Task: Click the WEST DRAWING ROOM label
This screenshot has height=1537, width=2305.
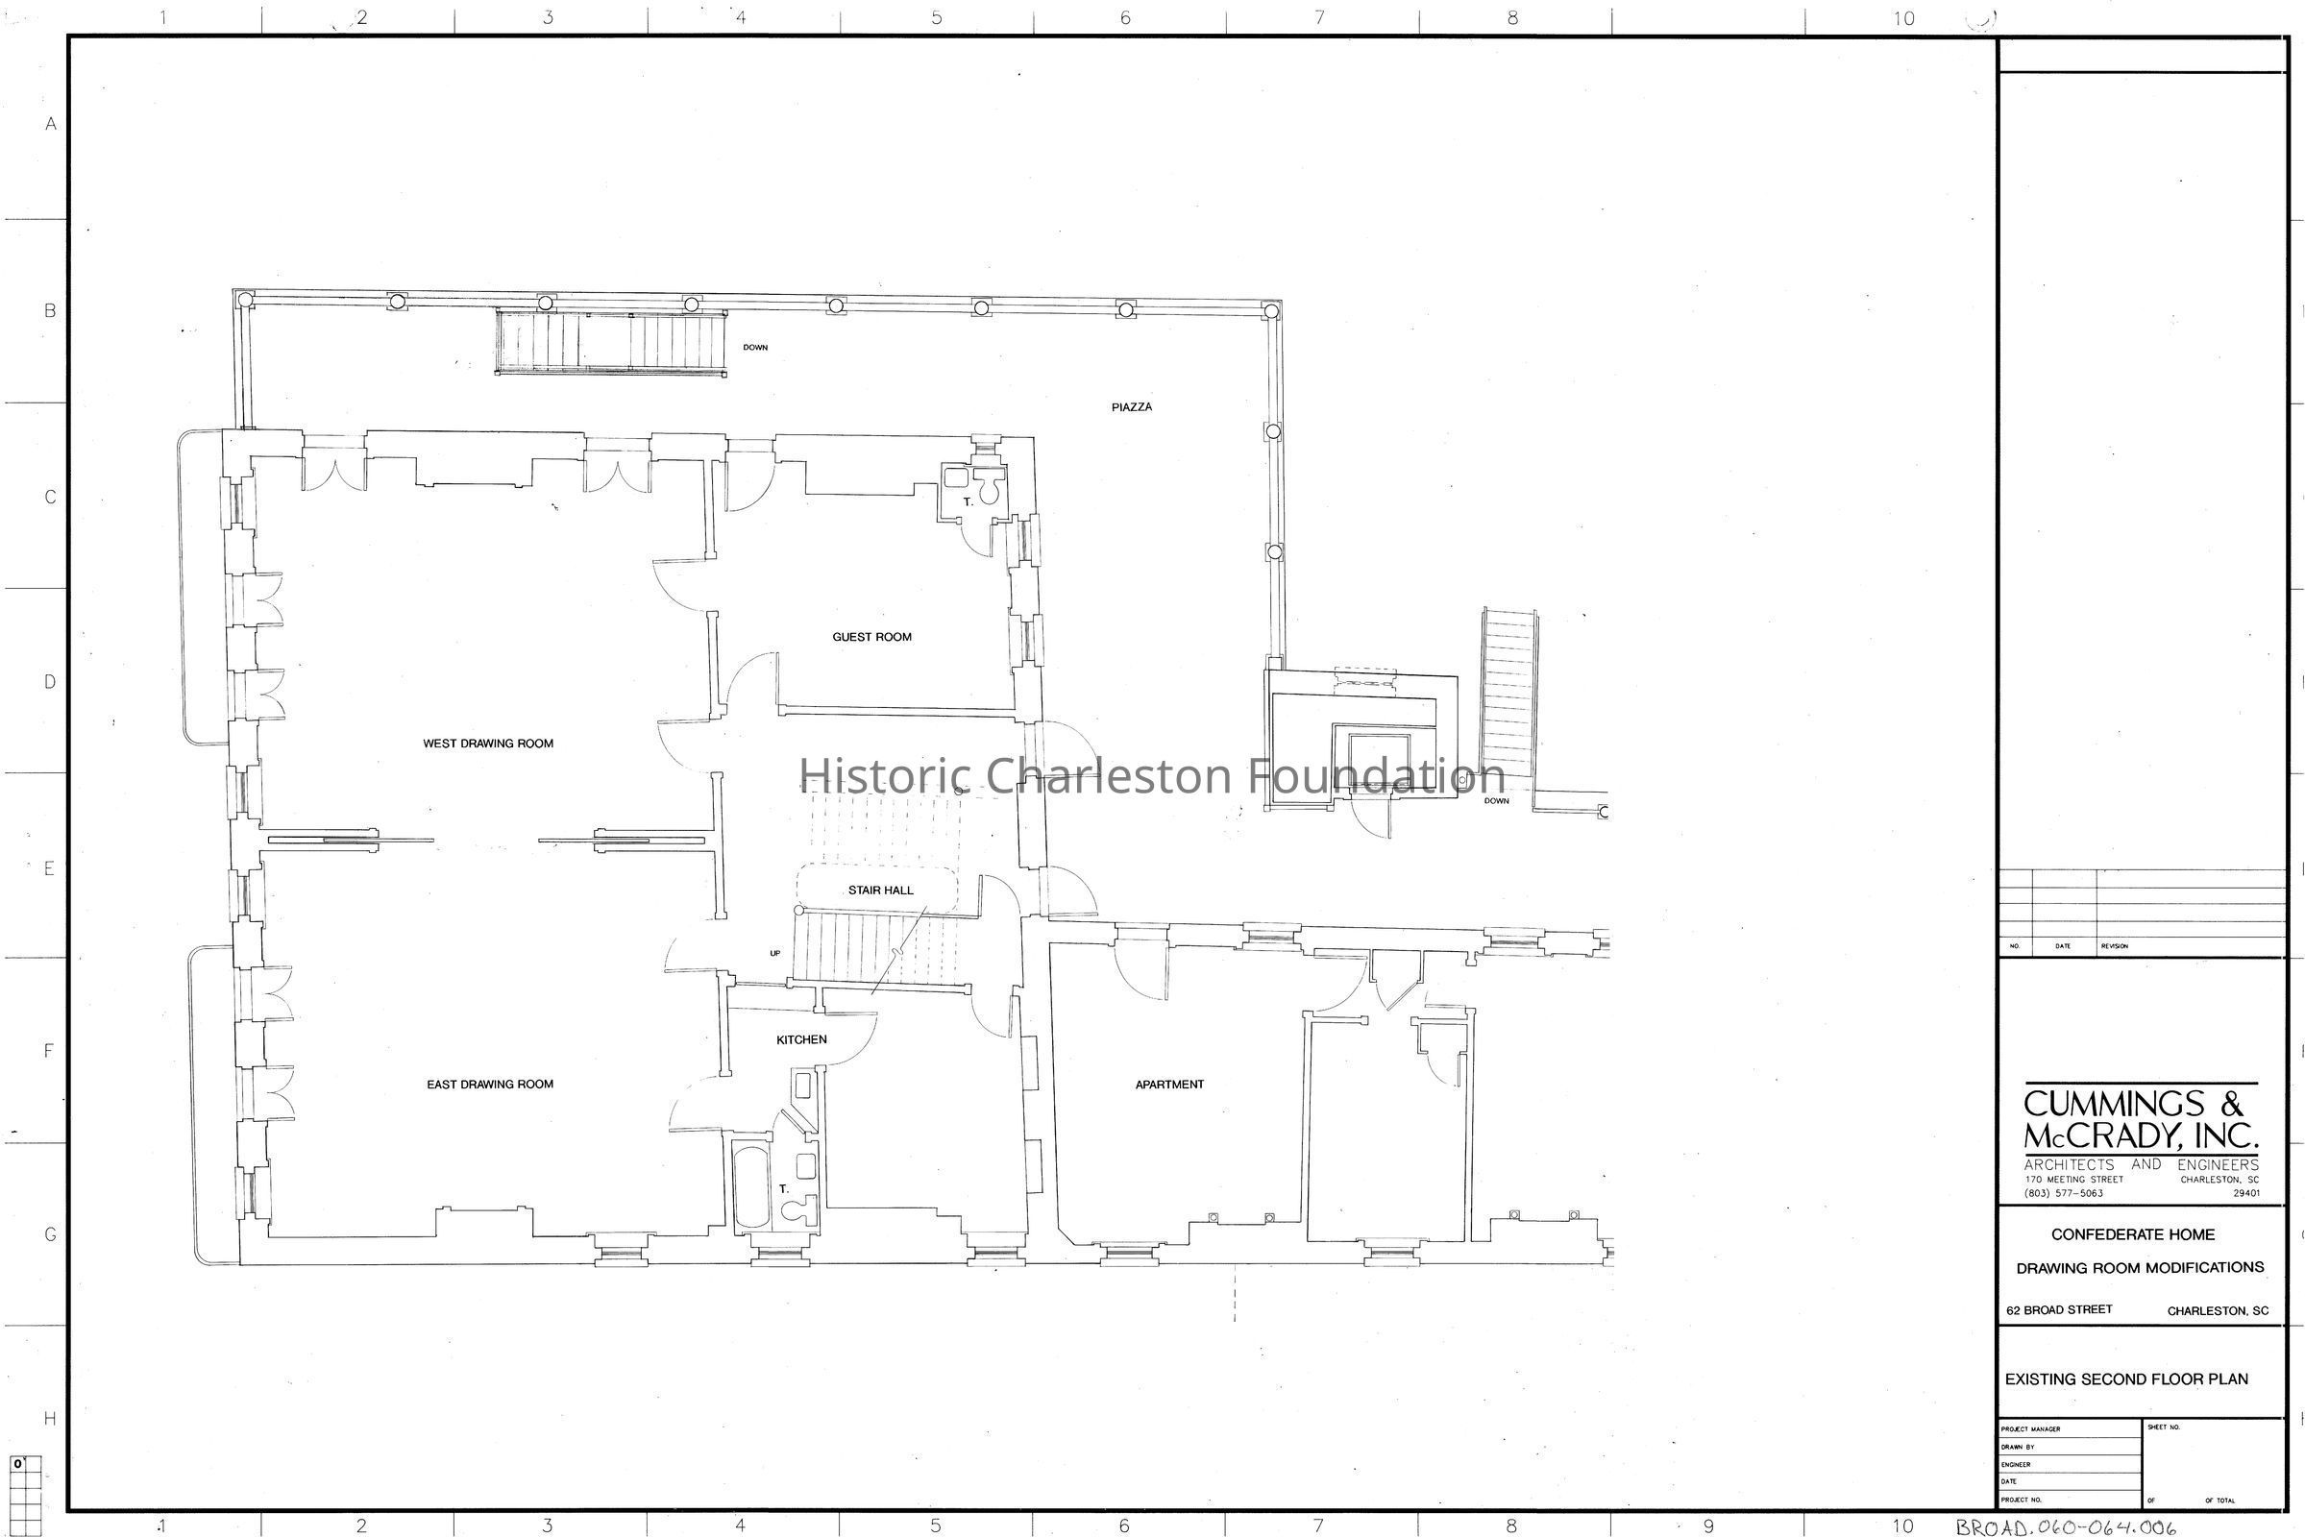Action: [488, 743]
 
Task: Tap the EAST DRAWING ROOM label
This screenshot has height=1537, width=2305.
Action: [490, 1085]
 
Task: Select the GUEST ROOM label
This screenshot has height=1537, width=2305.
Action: [871, 637]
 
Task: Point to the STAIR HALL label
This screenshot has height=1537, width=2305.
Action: [880, 890]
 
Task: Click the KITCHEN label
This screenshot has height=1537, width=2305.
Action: [802, 1039]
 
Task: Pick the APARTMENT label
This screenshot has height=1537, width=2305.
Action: [1169, 1085]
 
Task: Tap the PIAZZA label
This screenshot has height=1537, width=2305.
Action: [1132, 406]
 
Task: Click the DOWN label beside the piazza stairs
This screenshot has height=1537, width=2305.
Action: [755, 347]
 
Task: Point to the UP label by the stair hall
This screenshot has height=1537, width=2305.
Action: [774, 953]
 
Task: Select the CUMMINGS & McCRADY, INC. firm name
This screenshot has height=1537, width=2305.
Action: [2141, 1119]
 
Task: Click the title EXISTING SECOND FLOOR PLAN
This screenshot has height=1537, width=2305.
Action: [2126, 1379]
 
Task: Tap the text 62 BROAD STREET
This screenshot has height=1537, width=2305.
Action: [2059, 1309]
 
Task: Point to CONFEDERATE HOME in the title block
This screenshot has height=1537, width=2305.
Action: [2133, 1234]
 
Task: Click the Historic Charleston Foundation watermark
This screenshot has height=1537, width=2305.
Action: [1152, 775]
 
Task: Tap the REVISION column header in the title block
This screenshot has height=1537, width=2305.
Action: [2115, 946]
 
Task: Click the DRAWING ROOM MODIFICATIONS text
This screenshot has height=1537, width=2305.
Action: [2141, 1267]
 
